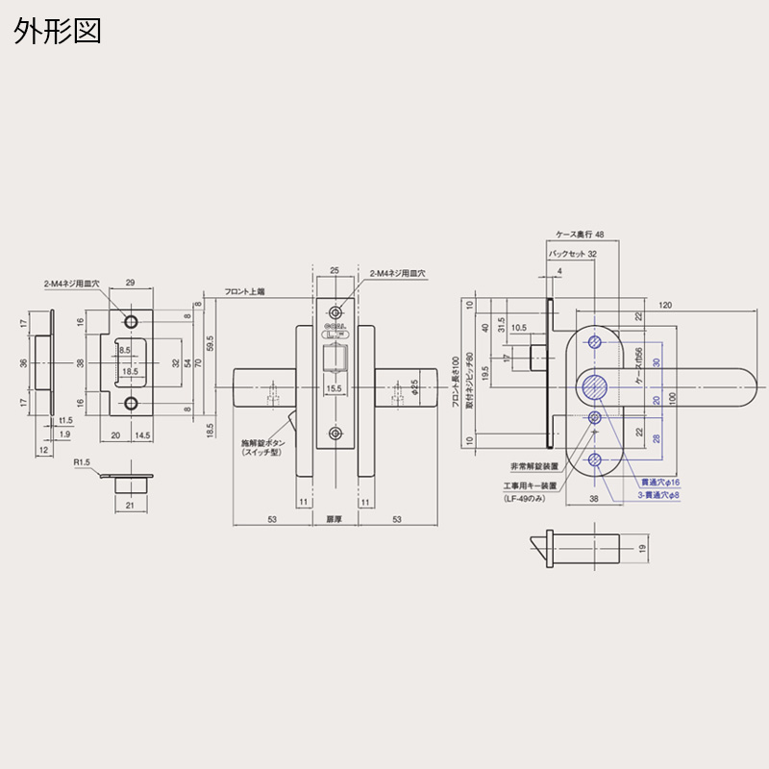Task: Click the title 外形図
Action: (x=57, y=31)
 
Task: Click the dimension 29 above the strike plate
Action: (x=132, y=283)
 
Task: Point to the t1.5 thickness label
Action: (x=65, y=421)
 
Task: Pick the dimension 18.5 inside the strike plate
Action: (x=129, y=370)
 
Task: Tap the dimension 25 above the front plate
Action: (x=335, y=272)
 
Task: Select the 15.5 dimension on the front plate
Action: (x=334, y=388)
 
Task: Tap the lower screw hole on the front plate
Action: (x=335, y=434)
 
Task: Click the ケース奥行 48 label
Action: (x=580, y=234)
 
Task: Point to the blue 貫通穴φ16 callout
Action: (x=659, y=482)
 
